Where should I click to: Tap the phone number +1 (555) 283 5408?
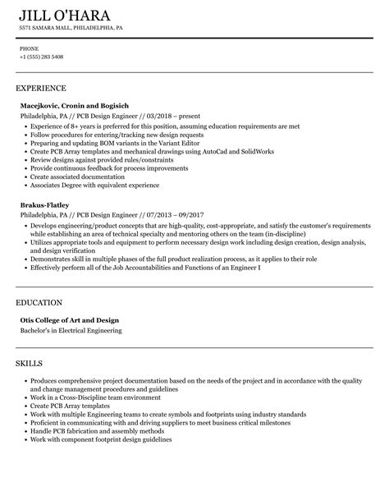pos(41,57)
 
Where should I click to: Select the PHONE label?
pos(29,48)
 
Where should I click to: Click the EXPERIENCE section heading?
pos(41,88)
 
